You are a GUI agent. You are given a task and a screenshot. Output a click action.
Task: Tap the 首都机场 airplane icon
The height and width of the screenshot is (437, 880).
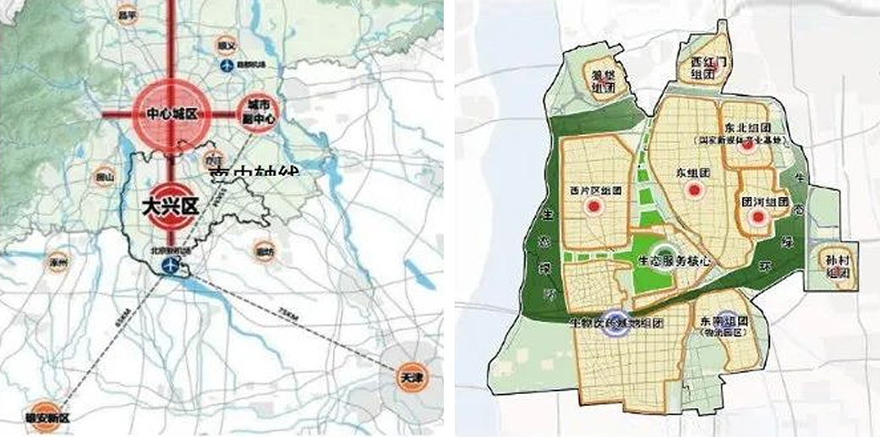click(x=227, y=65)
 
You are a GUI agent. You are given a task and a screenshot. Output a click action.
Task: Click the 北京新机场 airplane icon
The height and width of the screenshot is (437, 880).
click(x=171, y=266)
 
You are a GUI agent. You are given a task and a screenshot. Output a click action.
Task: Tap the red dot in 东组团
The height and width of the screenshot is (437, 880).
click(x=694, y=192)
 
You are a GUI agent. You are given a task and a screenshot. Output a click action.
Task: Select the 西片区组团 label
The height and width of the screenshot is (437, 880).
click(x=589, y=191)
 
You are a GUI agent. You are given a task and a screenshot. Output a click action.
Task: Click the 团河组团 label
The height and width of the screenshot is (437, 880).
click(x=764, y=203)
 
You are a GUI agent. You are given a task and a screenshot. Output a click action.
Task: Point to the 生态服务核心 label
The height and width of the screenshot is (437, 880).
click(x=672, y=263)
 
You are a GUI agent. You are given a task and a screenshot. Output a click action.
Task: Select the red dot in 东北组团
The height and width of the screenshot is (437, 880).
click(x=746, y=146)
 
